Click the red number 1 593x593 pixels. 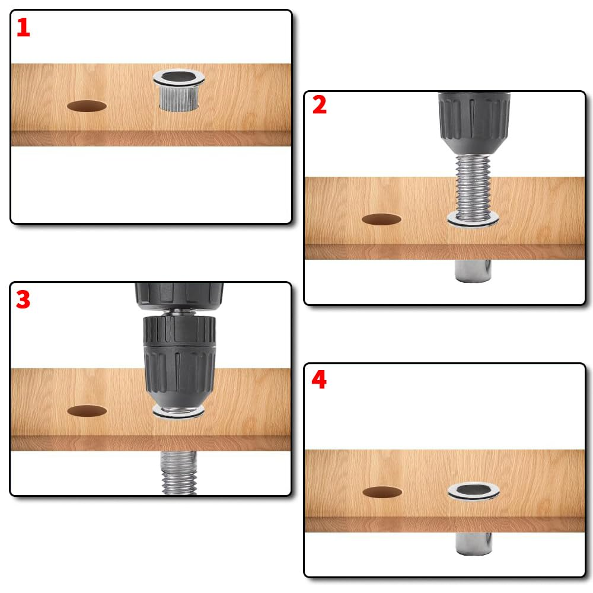(x=23, y=28)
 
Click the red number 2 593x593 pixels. (x=319, y=105)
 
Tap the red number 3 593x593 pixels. (x=23, y=299)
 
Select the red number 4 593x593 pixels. (x=318, y=380)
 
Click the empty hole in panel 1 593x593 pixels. (x=87, y=106)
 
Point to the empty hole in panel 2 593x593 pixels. (x=381, y=219)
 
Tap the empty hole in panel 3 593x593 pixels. (x=87, y=410)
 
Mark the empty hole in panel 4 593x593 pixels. (x=382, y=492)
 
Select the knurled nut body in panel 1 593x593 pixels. (x=178, y=98)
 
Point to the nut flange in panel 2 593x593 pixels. (x=474, y=220)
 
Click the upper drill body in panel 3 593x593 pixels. (x=178, y=294)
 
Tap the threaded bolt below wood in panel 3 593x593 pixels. (x=178, y=471)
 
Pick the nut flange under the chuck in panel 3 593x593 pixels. (x=178, y=413)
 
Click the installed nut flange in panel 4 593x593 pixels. (x=474, y=491)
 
